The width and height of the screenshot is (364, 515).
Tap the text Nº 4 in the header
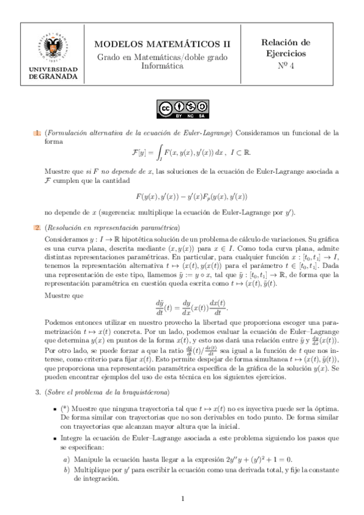pos(285,66)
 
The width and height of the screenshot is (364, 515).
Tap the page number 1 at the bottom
pos(182,499)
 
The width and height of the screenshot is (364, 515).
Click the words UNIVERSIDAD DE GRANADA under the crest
pos(53,73)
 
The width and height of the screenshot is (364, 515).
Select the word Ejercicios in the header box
pos(286,54)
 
